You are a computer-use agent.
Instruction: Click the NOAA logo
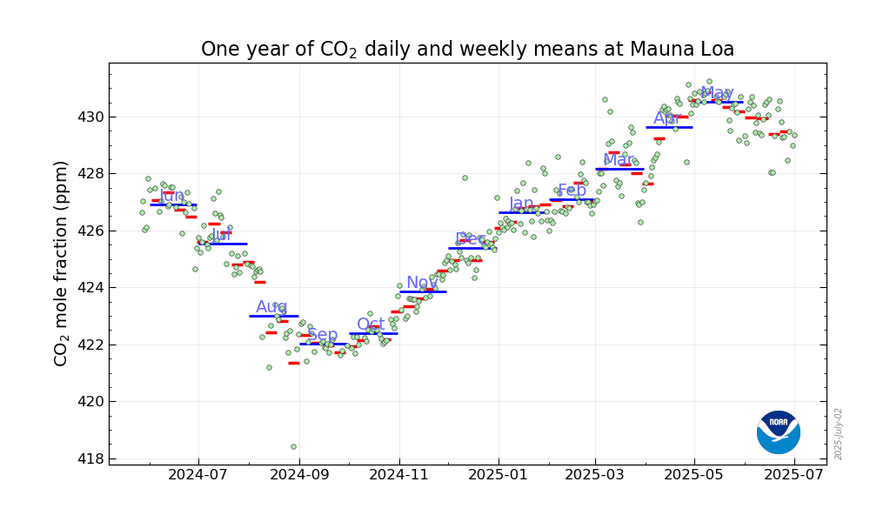click(x=778, y=432)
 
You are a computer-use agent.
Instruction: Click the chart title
click(x=467, y=50)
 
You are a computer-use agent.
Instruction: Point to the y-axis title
click(x=62, y=263)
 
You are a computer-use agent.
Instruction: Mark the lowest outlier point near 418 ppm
click(x=293, y=447)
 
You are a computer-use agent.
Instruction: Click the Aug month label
click(x=271, y=307)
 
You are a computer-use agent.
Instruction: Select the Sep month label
click(x=323, y=335)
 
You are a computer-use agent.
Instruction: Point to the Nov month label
click(x=422, y=283)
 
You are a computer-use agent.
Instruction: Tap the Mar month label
click(x=619, y=160)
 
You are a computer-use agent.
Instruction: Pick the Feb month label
click(x=572, y=191)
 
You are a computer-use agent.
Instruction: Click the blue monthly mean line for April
click(x=669, y=127)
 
